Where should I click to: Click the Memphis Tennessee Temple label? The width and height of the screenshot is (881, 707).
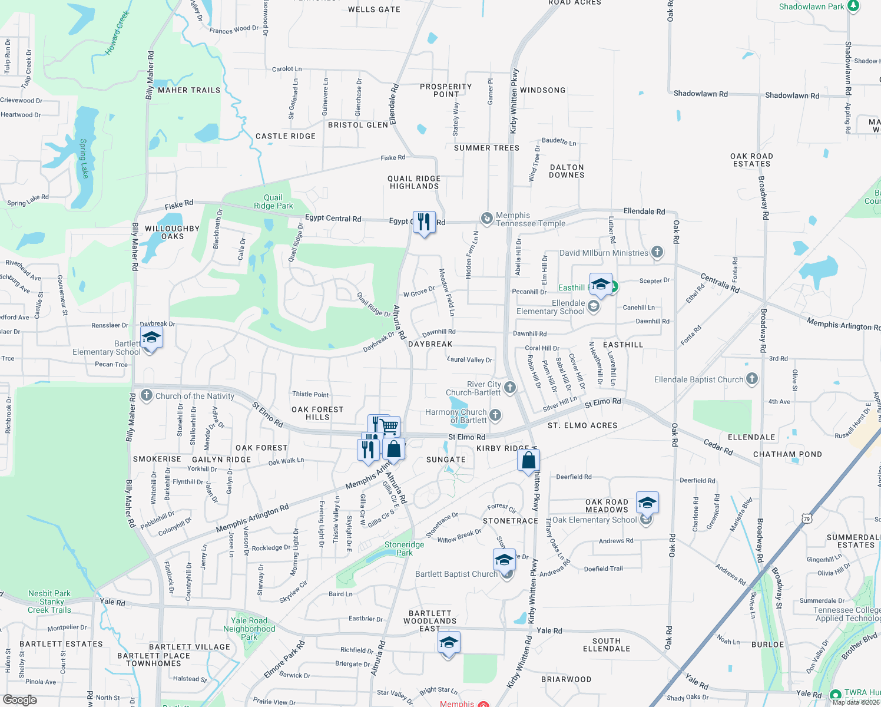[x=530, y=219]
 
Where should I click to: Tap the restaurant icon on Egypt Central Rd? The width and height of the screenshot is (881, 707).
[x=424, y=222]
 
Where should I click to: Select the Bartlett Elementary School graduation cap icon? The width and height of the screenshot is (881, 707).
[x=151, y=338]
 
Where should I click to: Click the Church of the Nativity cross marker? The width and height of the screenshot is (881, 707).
[x=147, y=395]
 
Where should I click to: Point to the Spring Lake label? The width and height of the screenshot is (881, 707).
[x=84, y=158]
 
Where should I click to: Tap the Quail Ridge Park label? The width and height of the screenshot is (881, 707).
[x=273, y=201]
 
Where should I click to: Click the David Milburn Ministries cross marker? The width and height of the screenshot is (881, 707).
[x=657, y=253]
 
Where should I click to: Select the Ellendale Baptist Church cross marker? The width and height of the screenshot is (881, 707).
[x=752, y=379]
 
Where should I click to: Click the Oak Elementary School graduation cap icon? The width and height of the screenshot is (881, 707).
[x=647, y=503]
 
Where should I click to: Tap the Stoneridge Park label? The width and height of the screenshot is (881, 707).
[x=404, y=549]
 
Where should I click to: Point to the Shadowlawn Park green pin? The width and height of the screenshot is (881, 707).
[x=853, y=6]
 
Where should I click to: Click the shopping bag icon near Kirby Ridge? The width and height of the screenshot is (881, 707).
[x=529, y=460]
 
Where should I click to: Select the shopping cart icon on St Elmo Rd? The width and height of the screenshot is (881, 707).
[x=389, y=425]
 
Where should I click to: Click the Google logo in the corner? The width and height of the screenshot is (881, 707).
[x=20, y=700]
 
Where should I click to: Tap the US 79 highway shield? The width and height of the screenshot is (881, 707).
[x=806, y=518]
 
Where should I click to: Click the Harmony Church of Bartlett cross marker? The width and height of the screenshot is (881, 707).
[x=495, y=415]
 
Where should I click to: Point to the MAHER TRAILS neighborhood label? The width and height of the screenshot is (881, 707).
[x=189, y=90]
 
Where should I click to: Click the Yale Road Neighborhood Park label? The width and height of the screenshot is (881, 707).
[x=249, y=629]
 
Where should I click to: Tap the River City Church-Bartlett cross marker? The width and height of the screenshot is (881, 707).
[x=510, y=387]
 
